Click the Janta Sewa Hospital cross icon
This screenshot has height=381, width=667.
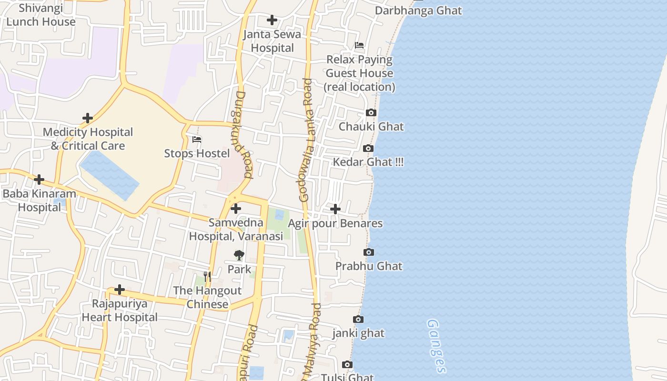coord(272,20)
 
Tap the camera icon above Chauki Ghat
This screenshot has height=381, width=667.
coord(371,113)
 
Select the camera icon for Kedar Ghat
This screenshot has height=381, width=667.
coord(368,149)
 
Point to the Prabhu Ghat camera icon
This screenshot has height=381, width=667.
coord(369,252)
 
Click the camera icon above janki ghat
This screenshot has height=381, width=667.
coord(358,320)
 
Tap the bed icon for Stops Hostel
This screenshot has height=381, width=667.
coord(197,140)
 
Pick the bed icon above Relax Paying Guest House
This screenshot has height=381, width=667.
coord(359,46)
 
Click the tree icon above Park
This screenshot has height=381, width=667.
coord(239,255)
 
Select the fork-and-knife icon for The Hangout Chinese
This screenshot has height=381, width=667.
coord(207,276)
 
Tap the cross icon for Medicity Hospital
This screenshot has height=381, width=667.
coord(88,118)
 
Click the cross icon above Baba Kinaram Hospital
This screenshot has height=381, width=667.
coord(39,180)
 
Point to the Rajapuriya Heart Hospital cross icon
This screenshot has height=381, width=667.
coord(120,290)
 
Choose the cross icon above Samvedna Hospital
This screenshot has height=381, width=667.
coord(236,209)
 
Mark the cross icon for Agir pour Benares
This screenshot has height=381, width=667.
coord(335,209)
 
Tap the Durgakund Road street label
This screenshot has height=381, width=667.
coord(242,135)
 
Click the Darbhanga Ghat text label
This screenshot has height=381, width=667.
coord(418,10)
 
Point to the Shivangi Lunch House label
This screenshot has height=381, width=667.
coord(41,15)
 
